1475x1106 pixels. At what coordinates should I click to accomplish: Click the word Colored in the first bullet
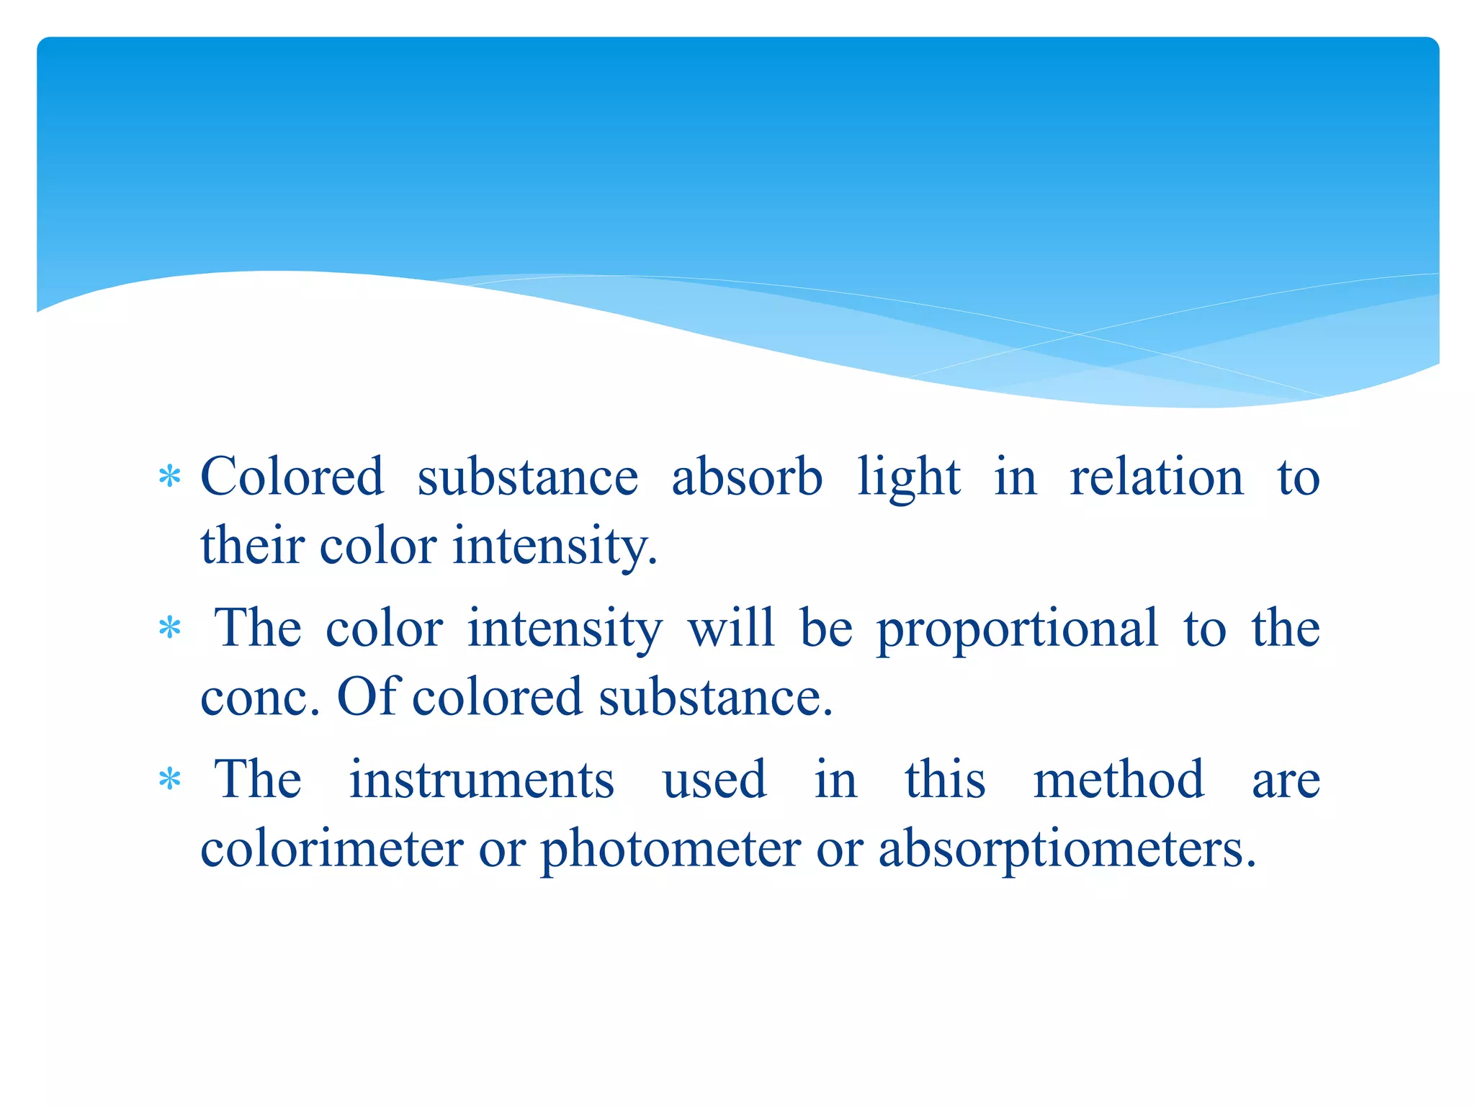(292, 477)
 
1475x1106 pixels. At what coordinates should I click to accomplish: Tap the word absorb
(747, 477)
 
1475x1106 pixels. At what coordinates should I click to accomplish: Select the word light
(908, 478)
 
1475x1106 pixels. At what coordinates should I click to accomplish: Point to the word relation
(1157, 477)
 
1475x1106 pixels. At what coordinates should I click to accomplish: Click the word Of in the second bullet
(368, 696)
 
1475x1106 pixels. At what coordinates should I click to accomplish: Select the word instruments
(482, 780)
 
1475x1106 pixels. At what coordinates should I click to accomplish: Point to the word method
(1118, 779)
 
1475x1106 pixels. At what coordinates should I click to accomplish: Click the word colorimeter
(332, 848)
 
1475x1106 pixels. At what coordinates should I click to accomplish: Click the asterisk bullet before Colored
(170, 477)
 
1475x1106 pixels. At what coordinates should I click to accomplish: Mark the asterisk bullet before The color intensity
(170, 629)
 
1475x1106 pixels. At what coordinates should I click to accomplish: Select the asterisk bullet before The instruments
(170, 780)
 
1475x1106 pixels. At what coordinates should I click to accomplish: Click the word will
(731, 627)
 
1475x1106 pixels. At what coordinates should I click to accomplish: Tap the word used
(714, 780)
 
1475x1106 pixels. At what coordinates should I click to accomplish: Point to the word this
(945, 779)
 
